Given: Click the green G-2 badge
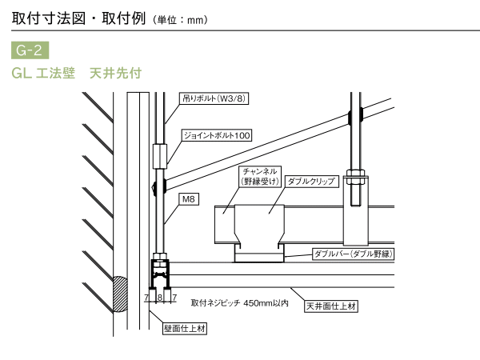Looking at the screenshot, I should tap(30, 51).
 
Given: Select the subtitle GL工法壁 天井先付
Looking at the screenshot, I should tap(77, 74).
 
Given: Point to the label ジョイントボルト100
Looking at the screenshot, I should tap(217, 135).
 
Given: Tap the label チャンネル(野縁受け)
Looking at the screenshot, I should tap(259, 176).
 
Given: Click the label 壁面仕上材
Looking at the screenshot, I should tap(186, 327).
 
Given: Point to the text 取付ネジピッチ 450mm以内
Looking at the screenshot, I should tap(239, 304).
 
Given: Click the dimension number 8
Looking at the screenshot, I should tap(160, 298).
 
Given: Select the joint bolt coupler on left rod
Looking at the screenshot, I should tap(160, 153).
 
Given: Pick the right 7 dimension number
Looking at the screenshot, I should tap(174, 298).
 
